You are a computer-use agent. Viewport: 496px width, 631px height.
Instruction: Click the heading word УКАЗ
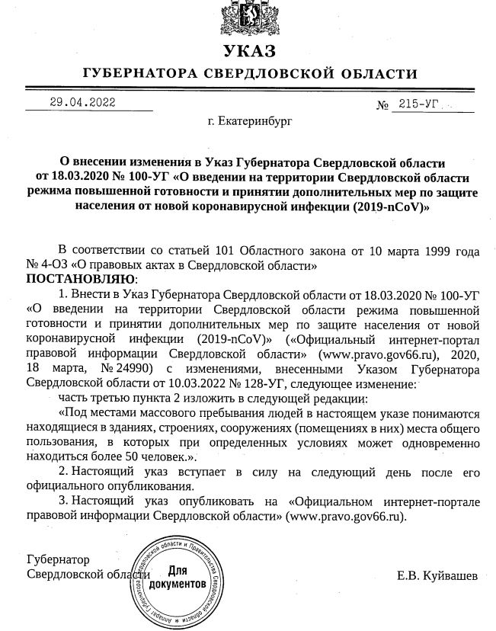tap(248, 52)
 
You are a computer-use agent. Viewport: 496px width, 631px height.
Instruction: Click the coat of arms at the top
tap(248, 18)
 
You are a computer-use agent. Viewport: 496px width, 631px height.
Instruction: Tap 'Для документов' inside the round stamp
tap(178, 576)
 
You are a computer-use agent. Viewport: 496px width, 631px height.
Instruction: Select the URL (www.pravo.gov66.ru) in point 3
tap(347, 516)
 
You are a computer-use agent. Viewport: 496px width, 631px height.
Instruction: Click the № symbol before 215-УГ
tap(383, 106)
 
